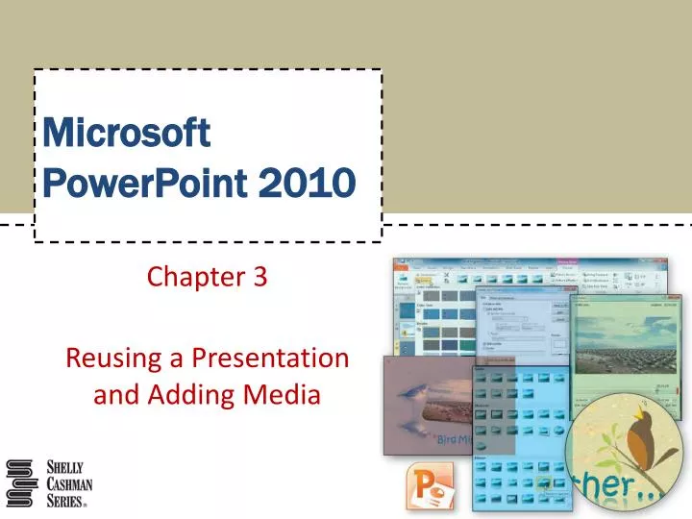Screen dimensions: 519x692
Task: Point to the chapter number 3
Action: coord(259,278)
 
